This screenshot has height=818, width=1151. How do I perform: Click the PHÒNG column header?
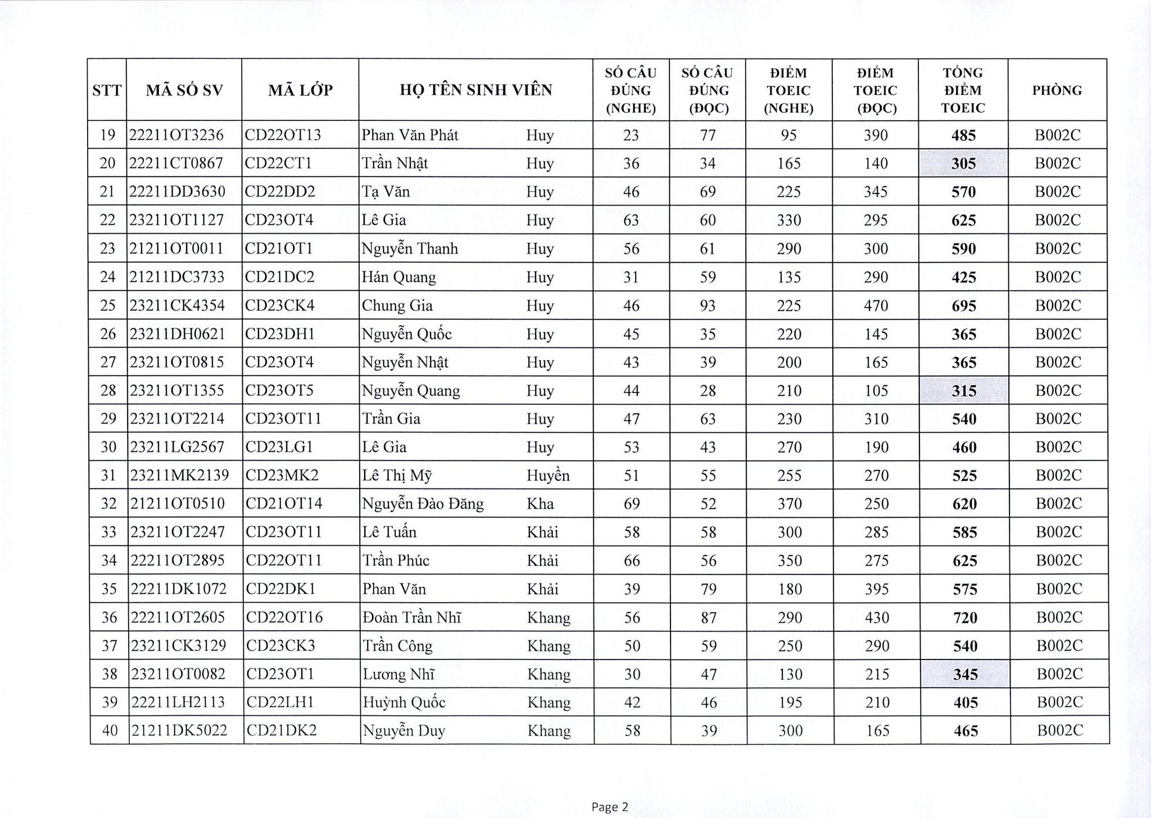[1057, 90]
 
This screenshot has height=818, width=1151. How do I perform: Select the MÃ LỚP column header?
[300, 90]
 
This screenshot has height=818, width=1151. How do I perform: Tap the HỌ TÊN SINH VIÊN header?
[475, 90]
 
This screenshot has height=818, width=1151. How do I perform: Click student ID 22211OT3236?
[176, 135]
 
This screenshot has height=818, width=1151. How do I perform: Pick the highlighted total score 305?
[963, 164]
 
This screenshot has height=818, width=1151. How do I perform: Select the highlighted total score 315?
[964, 391]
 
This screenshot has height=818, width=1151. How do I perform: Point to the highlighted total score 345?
[965, 674]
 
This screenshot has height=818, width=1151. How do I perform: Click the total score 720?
[965, 618]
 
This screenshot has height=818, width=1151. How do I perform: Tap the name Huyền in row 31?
[548, 476]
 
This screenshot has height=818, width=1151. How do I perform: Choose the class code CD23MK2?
[282, 476]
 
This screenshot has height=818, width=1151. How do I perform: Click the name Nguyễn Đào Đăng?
[423, 504]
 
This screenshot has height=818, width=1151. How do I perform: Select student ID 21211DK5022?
[179, 730]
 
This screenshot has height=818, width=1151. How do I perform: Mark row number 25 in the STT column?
[107, 305]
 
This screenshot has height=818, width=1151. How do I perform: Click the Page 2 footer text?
[610, 807]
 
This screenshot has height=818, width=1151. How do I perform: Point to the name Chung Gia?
[397, 305]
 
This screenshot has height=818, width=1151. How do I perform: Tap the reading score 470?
[876, 305]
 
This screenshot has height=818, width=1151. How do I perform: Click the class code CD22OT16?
[284, 617]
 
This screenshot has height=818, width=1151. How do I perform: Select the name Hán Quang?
[398, 277]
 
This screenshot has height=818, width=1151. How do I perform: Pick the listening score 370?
[789, 504]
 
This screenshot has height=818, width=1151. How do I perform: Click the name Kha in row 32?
[540, 504]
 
